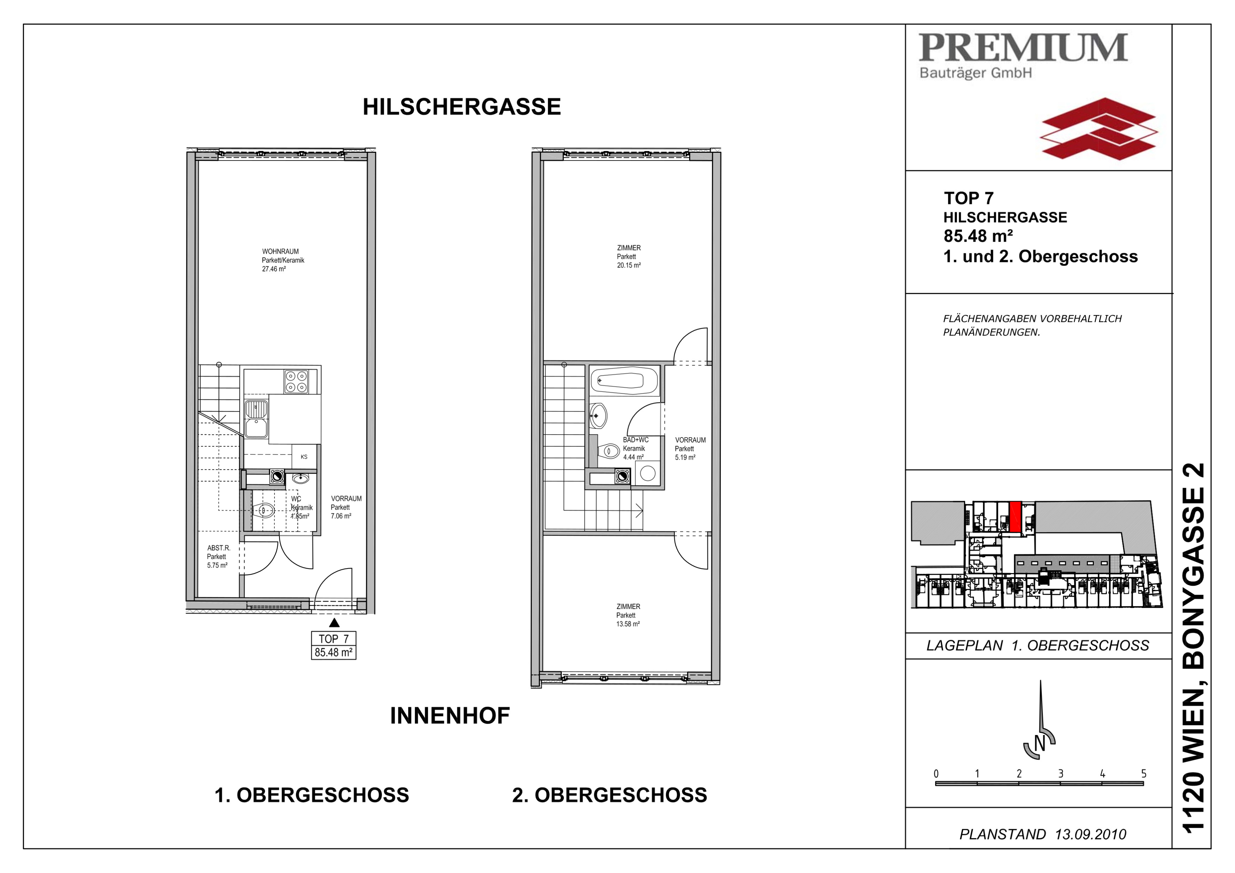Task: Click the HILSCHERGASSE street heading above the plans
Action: (x=462, y=107)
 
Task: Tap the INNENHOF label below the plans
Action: (x=450, y=715)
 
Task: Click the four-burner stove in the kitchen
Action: (x=296, y=381)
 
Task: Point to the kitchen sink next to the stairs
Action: (x=256, y=419)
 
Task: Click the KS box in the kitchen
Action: (x=304, y=457)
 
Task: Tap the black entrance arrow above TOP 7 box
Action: (x=334, y=623)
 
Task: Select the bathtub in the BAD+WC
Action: (x=624, y=381)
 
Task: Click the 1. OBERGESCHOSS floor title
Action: (x=312, y=795)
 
